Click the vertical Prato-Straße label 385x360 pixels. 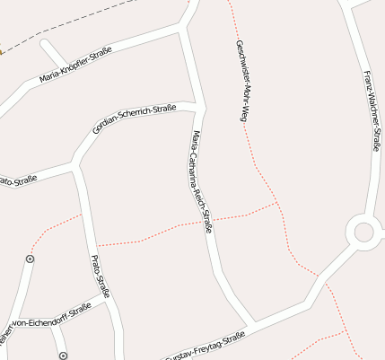pos(101,276)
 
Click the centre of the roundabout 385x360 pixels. pos(363,232)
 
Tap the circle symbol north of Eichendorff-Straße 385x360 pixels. pos(31,259)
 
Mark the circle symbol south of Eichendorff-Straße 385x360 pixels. pos(63,356)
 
